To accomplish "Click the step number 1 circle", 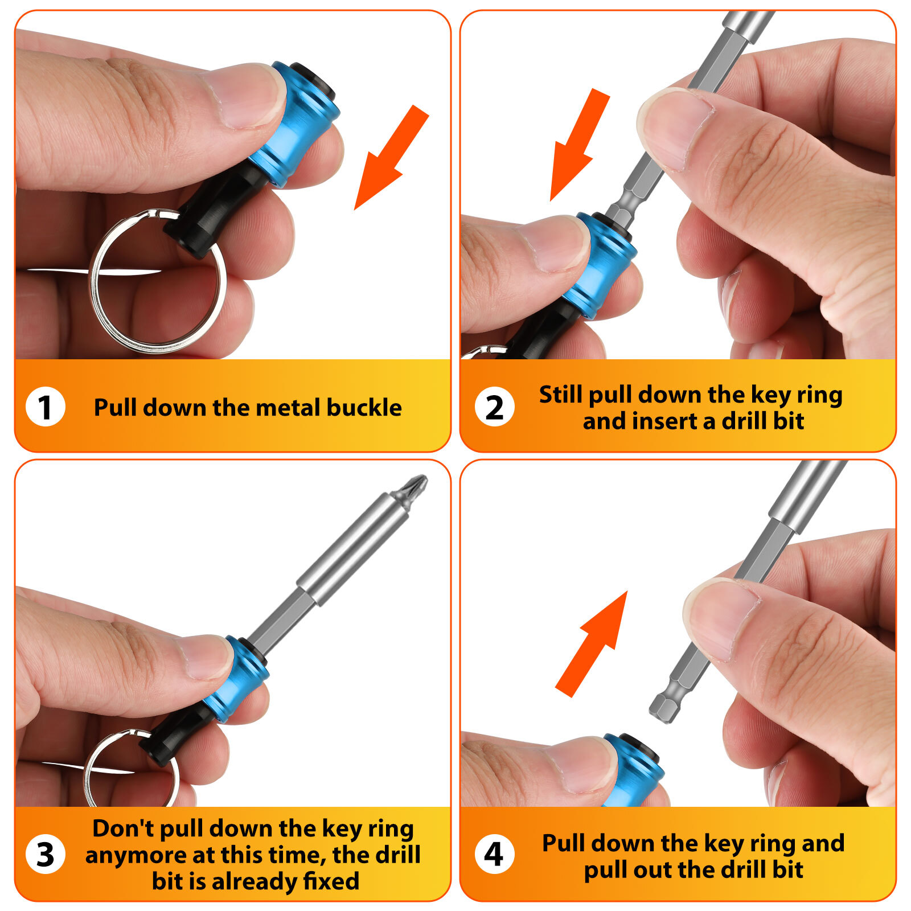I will click(46, 407).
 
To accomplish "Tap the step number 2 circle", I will click(494, 407).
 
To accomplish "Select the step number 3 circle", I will click(46, 855).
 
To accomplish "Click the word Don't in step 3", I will click(122, 828).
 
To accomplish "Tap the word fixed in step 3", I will click(331, 881).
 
